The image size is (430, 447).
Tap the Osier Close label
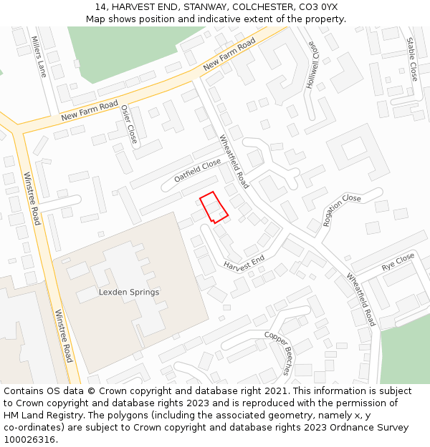pyautogui.click(x=129, y=124)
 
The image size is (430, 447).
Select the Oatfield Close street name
pyautogui.click(x=197, y=170)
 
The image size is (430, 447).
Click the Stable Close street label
pyautogui.click(x=412, y=59)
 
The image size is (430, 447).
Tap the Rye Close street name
pyautogui.click(x=398, y=262)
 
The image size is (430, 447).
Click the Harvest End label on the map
pyautogui.click(x=244, y=262)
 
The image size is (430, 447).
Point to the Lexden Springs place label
pyautogui.click(x=129, y=293)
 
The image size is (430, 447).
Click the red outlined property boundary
pyautogui.click(x=214, y=207)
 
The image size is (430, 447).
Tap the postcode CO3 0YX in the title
pyautogui.click(x=318, y=7)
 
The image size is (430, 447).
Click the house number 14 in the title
pyautogui.click(x=100, y=7)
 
